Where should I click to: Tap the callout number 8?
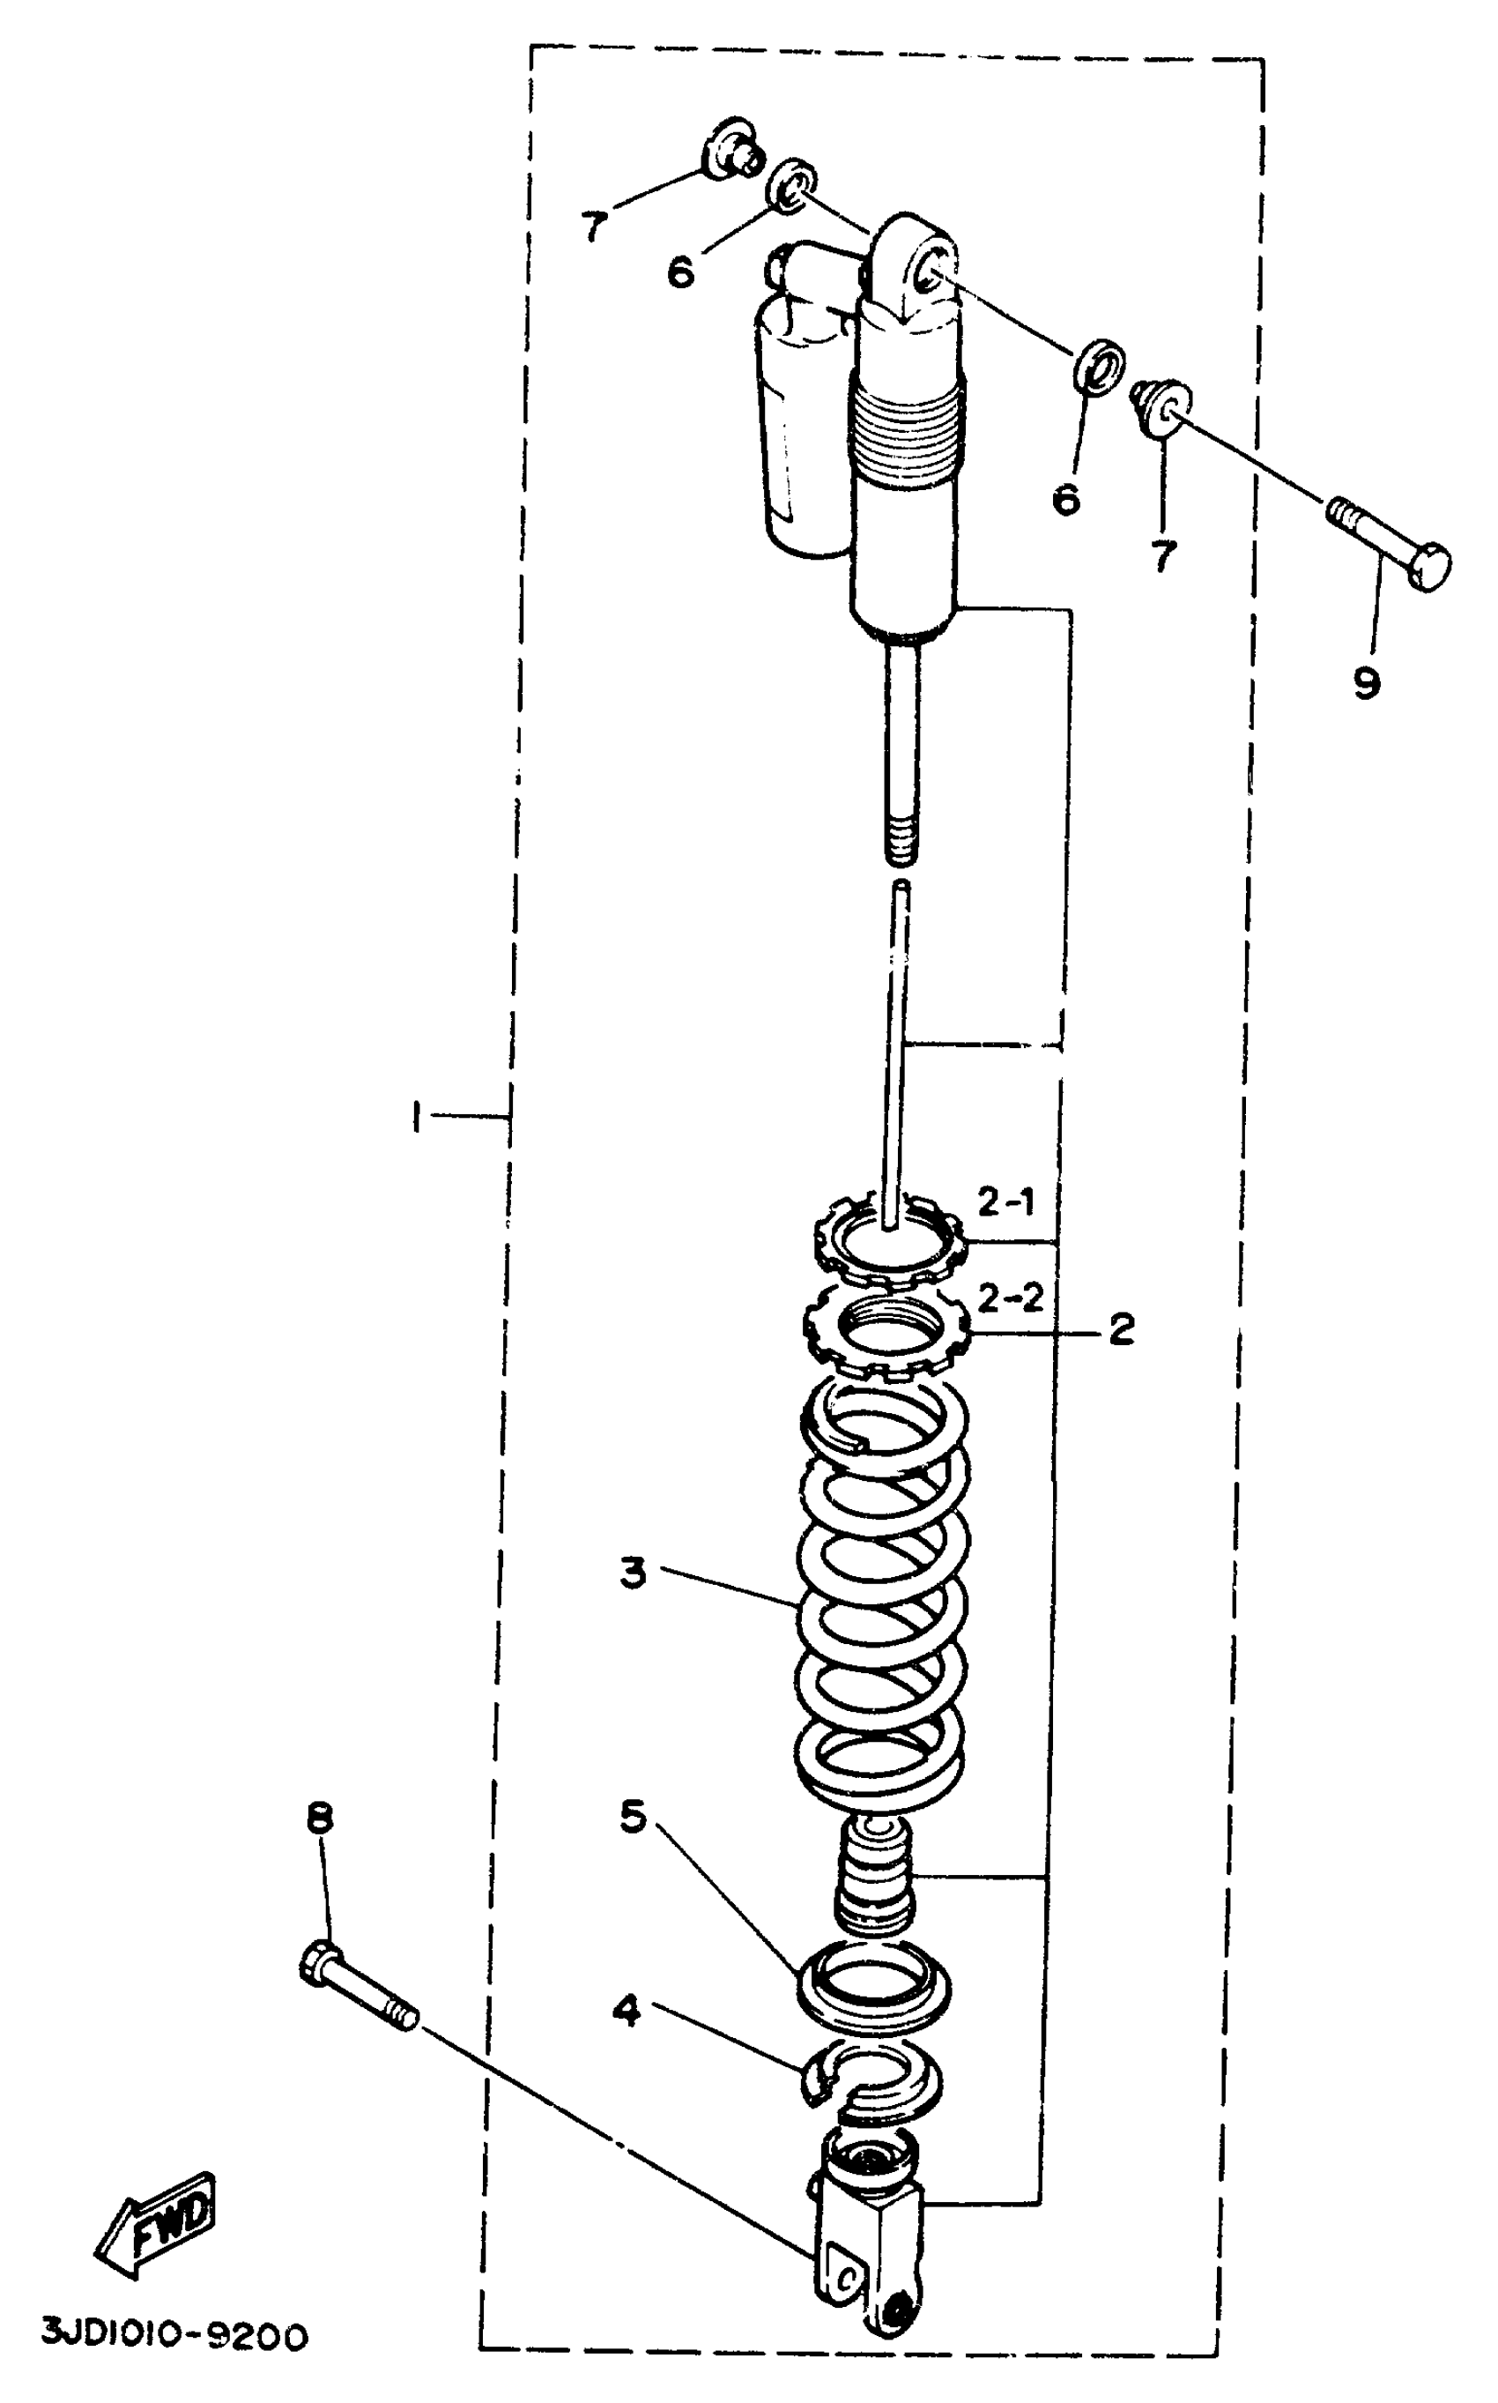tap(319, 1819)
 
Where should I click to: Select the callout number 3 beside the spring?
tap(633, 1573)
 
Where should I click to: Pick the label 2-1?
tap(1005, 1203)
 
